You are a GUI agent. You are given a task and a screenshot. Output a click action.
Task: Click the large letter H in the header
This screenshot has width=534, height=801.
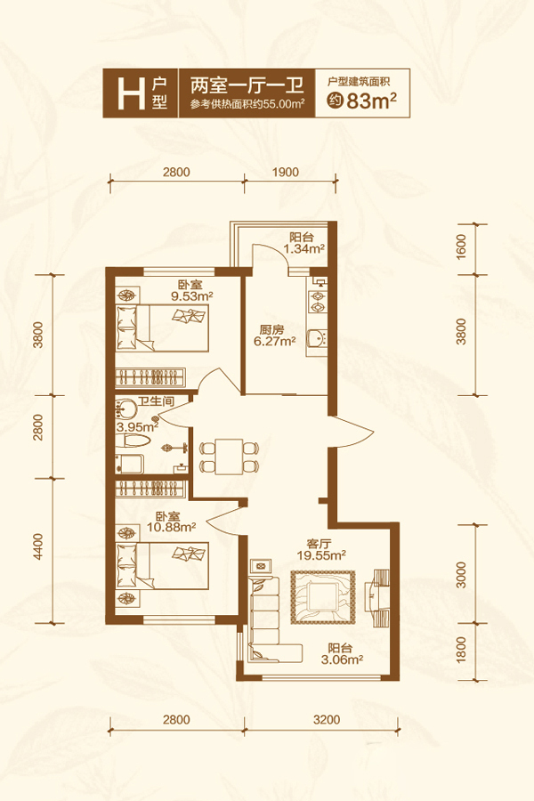click(x=132, y=94)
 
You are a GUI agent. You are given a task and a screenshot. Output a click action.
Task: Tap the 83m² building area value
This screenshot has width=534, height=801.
click(x=371, y=101)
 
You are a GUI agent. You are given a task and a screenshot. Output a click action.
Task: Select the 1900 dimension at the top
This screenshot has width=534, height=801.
click(x=285, y=172)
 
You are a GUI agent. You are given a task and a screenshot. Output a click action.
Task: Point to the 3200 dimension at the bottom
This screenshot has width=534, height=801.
click(x=327, y=720)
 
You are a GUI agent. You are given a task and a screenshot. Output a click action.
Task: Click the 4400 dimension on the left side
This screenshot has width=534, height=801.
click(x=39, y=546)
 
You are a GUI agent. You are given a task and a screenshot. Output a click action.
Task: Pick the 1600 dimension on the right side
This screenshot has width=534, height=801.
click(x=461, y=247)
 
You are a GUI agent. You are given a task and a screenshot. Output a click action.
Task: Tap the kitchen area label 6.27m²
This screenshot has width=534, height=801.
click(x=275, y=342)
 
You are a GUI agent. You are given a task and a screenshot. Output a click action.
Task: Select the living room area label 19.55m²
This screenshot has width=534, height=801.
click(x=322, y=555)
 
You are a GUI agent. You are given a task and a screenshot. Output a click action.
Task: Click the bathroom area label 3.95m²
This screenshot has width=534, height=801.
click(x=137, y=426)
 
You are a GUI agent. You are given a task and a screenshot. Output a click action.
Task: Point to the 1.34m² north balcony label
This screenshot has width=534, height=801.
click(x=304, y=249)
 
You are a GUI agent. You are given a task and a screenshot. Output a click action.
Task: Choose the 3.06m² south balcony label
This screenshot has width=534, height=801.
click(x=342, y=660)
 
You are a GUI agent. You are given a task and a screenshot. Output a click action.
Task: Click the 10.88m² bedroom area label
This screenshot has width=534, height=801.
click(x=172, y=527)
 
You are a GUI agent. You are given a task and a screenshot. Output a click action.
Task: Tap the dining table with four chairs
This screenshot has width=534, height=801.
click(x=229, y=455)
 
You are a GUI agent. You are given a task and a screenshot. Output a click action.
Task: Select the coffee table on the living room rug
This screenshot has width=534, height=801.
click(x=323, y=597)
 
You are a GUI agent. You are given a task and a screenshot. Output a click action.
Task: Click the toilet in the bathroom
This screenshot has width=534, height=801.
click(x=135, y=441)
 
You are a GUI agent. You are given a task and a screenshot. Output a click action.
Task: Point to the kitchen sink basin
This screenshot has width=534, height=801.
click(x=316, y=339)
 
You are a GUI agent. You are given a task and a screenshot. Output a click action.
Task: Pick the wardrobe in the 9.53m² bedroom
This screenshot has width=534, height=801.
click(x=150, y=377)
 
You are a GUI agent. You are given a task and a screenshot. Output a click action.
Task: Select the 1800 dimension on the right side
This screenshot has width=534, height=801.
click(x=461, y=650)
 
